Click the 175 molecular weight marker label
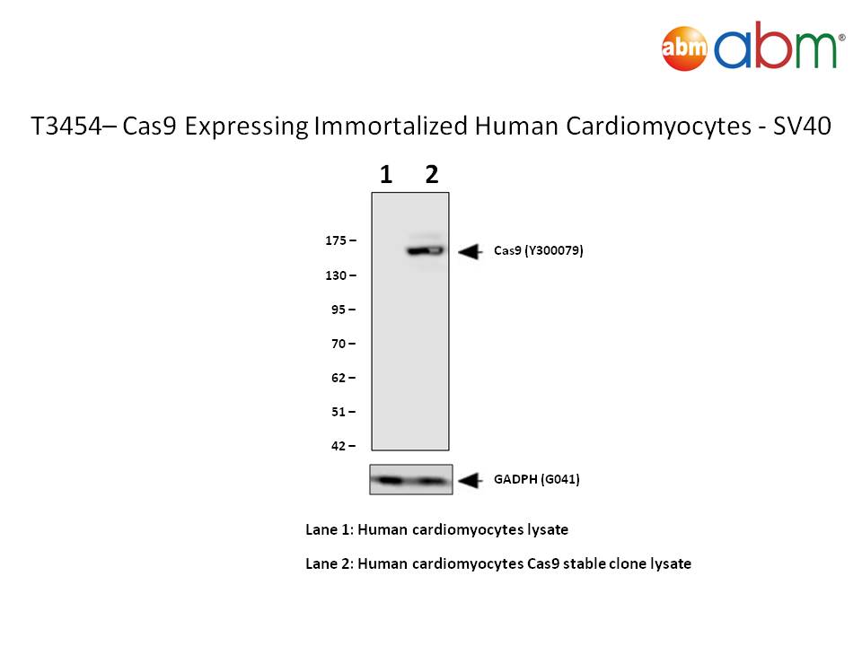point(336,240)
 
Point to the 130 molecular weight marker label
point(336,275)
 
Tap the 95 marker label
point(339,310)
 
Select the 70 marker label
point(339,344)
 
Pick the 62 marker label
point(339,378)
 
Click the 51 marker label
point(339,412)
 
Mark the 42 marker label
point(339,446)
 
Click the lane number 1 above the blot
point(386,175)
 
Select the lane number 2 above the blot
point(432,175)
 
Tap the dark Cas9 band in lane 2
point(426,251)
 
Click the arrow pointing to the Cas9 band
point(471,251)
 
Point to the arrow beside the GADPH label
point(471,480)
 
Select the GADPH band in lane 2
point(430,481)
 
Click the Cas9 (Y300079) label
point(538,251)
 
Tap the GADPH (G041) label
point(537,479)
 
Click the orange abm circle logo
point(684,48)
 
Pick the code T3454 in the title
point(66,126)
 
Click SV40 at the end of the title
point(802,126)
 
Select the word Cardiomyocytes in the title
point(658,127)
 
